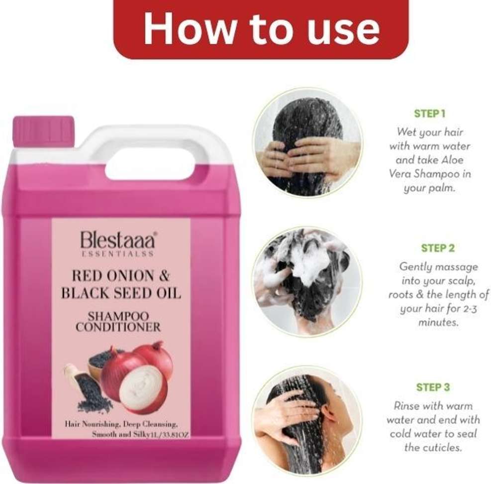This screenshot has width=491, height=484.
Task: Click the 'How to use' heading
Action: click(x=262, y=28)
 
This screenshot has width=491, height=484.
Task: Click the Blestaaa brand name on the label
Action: click(x=117, y=240)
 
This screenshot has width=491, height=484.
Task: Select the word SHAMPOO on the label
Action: click(x=118, y=316)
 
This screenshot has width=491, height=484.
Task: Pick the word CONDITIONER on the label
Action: click(x=118, y=327)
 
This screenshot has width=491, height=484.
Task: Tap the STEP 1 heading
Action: click(x=429, y=114)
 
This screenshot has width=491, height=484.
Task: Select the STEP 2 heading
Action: click(x=437, y=248)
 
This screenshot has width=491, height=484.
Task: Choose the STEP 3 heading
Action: click(x=433, y=387)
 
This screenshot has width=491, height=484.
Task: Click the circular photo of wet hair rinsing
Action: click(x=307, y=143)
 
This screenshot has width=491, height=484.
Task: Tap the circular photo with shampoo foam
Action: click(x=307, y=281)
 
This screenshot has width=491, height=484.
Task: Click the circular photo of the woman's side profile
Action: click(x=307, y=421)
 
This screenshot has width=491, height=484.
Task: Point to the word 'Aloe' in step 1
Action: click(x=452, y=160)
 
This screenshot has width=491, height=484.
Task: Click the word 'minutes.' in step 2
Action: click(x=438, y=322)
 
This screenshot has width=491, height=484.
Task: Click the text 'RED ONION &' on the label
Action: click(x=121, y=276)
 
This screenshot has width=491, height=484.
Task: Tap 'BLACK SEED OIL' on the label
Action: click(x=121, y=293)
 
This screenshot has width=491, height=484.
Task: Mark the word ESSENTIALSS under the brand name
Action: click(x=117, y=253)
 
